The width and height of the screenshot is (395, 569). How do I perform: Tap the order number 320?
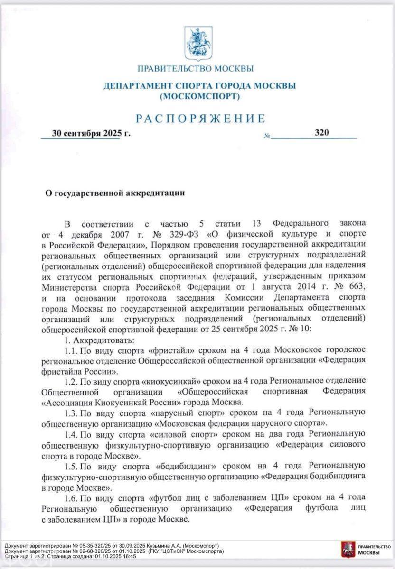click(321, 133)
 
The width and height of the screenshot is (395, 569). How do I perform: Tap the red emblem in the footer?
click(347, 550)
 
